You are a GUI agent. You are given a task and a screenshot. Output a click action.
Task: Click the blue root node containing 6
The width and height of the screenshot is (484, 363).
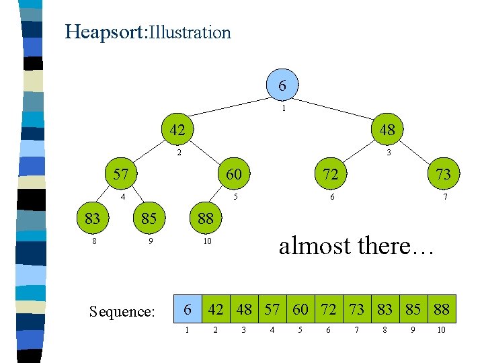pos(282,85)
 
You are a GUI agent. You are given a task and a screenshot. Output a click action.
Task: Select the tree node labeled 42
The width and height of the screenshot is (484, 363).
pos(177,130)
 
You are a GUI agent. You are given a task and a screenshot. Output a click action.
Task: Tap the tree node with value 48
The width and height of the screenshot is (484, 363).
pos(387,130)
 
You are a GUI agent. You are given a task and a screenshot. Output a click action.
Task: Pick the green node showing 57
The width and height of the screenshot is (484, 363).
pos(120,174)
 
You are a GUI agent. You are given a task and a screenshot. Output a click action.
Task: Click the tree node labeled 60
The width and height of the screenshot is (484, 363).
pos(233,174)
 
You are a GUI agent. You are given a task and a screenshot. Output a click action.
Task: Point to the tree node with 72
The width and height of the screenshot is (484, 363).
pos(330,174)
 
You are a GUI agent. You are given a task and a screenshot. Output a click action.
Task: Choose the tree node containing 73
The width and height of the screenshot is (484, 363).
pos(443,174)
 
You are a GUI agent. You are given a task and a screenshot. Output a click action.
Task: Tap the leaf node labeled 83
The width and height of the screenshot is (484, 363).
pos(92,218)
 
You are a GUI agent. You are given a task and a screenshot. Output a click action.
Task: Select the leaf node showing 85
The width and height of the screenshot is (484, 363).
pos(149,218)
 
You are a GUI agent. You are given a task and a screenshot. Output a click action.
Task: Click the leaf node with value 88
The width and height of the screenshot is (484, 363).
pos(205,218)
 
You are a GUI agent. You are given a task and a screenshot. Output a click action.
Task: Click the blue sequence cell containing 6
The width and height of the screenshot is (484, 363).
pos(188,310)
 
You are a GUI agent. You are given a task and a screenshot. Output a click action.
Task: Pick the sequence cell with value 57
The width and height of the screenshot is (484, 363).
pos(272,310)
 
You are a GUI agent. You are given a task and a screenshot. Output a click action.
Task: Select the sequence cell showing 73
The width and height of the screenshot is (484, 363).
pos(357,310)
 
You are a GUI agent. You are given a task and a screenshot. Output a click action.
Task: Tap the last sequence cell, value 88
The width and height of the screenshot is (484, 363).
pos(442,310)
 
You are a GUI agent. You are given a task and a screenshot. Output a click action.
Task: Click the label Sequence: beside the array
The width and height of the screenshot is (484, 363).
pos(122,311)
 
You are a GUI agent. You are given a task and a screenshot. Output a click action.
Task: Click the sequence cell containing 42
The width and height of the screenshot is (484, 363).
pos(216,310)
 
